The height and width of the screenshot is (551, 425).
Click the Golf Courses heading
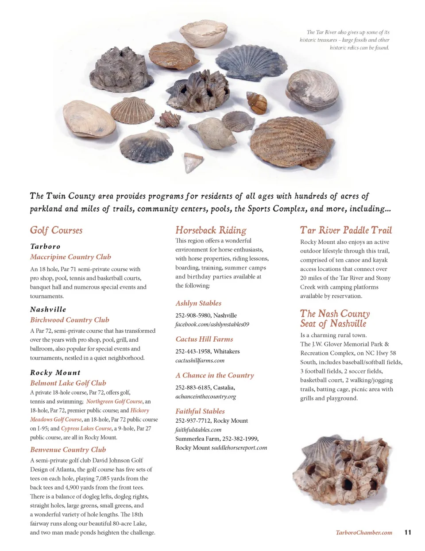[56, 230]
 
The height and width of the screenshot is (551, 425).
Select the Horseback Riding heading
[211, 230]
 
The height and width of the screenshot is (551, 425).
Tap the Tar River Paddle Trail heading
[346, 230]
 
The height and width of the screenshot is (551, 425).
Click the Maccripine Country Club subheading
[70, 257]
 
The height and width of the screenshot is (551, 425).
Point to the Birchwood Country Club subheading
[70, 320]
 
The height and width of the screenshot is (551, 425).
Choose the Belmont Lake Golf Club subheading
[68, 383]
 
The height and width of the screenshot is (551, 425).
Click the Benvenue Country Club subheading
[68, 450]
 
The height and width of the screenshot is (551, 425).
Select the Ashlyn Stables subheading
[198, 303]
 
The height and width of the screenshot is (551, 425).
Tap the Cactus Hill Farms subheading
[204, 339]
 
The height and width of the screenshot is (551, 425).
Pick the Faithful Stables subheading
[200, 411]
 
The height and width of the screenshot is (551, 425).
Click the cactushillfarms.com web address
[200, 360]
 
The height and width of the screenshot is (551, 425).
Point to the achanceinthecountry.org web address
[205, 397]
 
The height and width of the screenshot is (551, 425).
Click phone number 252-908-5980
[193, 316]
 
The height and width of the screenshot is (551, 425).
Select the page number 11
[408, 532]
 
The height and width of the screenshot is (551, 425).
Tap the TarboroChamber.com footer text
[364, 532]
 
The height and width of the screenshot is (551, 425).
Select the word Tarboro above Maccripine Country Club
[45, 247]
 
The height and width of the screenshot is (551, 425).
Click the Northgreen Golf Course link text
[114, 401]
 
